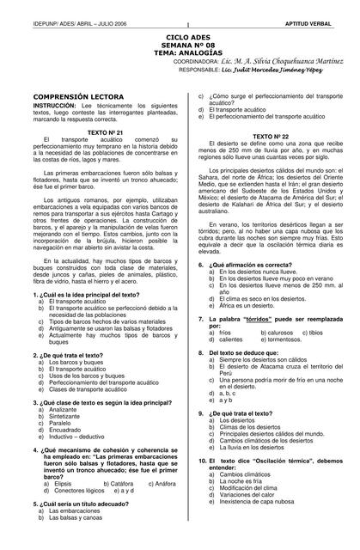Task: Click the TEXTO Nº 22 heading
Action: click(x=271, y=136)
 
